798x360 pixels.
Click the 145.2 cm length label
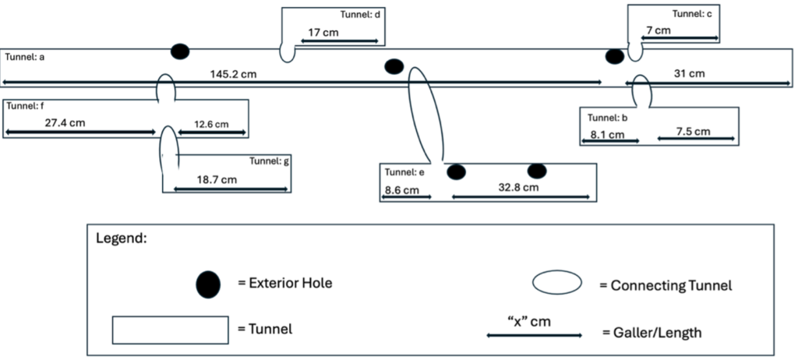click(x=233, y=75)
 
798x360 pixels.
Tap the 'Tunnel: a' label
click(x=25, y=57)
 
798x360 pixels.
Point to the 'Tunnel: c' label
click(x=692, y=14)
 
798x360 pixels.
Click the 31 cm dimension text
click(x=688, y=74)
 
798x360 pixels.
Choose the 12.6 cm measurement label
click(x=212, y=124)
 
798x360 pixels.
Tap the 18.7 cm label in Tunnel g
click(x=217, y=179)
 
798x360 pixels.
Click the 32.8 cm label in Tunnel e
click(x=518, y=188)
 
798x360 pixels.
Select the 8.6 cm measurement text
click(x=402, y=189)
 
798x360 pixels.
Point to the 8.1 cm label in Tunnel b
click(x=607, y=134)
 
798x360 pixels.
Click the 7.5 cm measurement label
click(x=693, y=131)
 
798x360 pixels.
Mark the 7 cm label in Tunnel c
click(x=659, y=30)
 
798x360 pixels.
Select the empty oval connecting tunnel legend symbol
click(x=556, y=283)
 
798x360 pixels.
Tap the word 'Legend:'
click(x=120, y=238)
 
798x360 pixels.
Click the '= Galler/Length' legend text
click(x=651, y=333)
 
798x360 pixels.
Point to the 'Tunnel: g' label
click(x=270, y=161)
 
